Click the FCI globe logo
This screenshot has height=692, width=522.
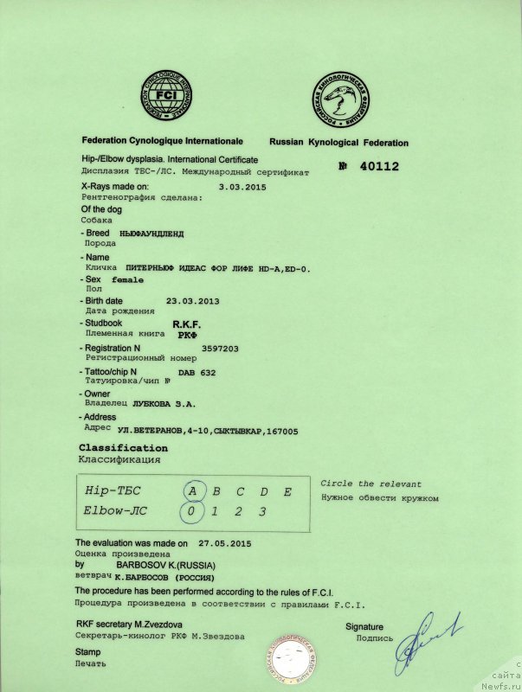coord(170,94)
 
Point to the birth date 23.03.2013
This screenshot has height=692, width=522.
coord(192,301)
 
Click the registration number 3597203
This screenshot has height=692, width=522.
coord(219,348)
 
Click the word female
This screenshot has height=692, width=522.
coord(129,280)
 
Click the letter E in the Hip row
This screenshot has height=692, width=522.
coord(287,491)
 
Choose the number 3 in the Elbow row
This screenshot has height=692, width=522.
coord(261,511)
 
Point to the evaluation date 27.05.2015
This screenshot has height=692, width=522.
coord(224,543)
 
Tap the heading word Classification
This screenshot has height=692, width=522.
coord(123,448)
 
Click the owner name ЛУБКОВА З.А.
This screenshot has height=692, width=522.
coord(163,403)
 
